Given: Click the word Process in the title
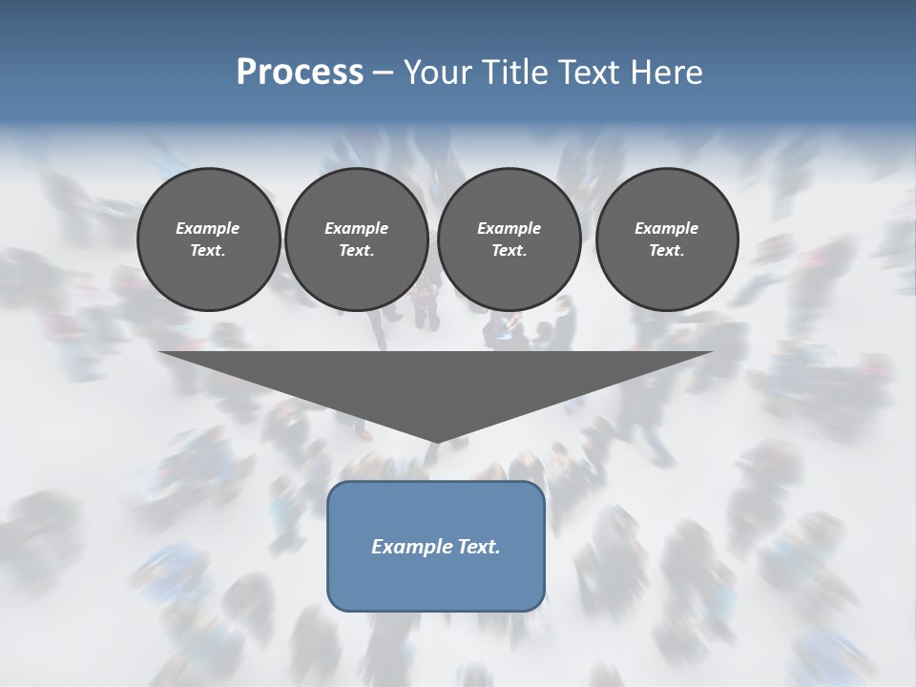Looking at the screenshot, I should (300, 73).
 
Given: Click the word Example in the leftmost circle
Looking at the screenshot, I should (208, 228).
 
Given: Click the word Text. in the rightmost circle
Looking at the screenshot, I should (666, 250).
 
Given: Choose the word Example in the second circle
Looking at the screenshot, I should (356, 228).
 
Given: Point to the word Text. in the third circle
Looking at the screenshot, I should (509, 250).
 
